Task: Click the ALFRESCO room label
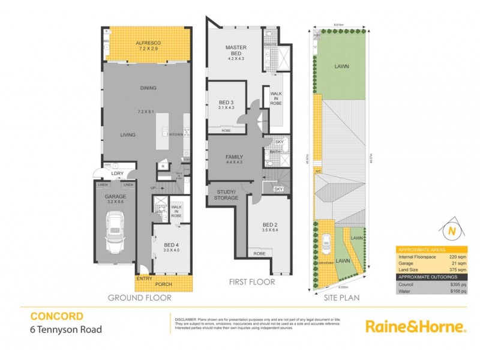(x=146, y=43)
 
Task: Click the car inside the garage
(x=114, y=234)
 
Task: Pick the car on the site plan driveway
(x=326, y=243)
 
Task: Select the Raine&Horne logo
(x=415, y=326)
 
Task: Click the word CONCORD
(x=56, y=316)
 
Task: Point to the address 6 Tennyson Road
(x=66, y=329)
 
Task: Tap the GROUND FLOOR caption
(x=139, y=298)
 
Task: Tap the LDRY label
(x=117, y=173)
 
